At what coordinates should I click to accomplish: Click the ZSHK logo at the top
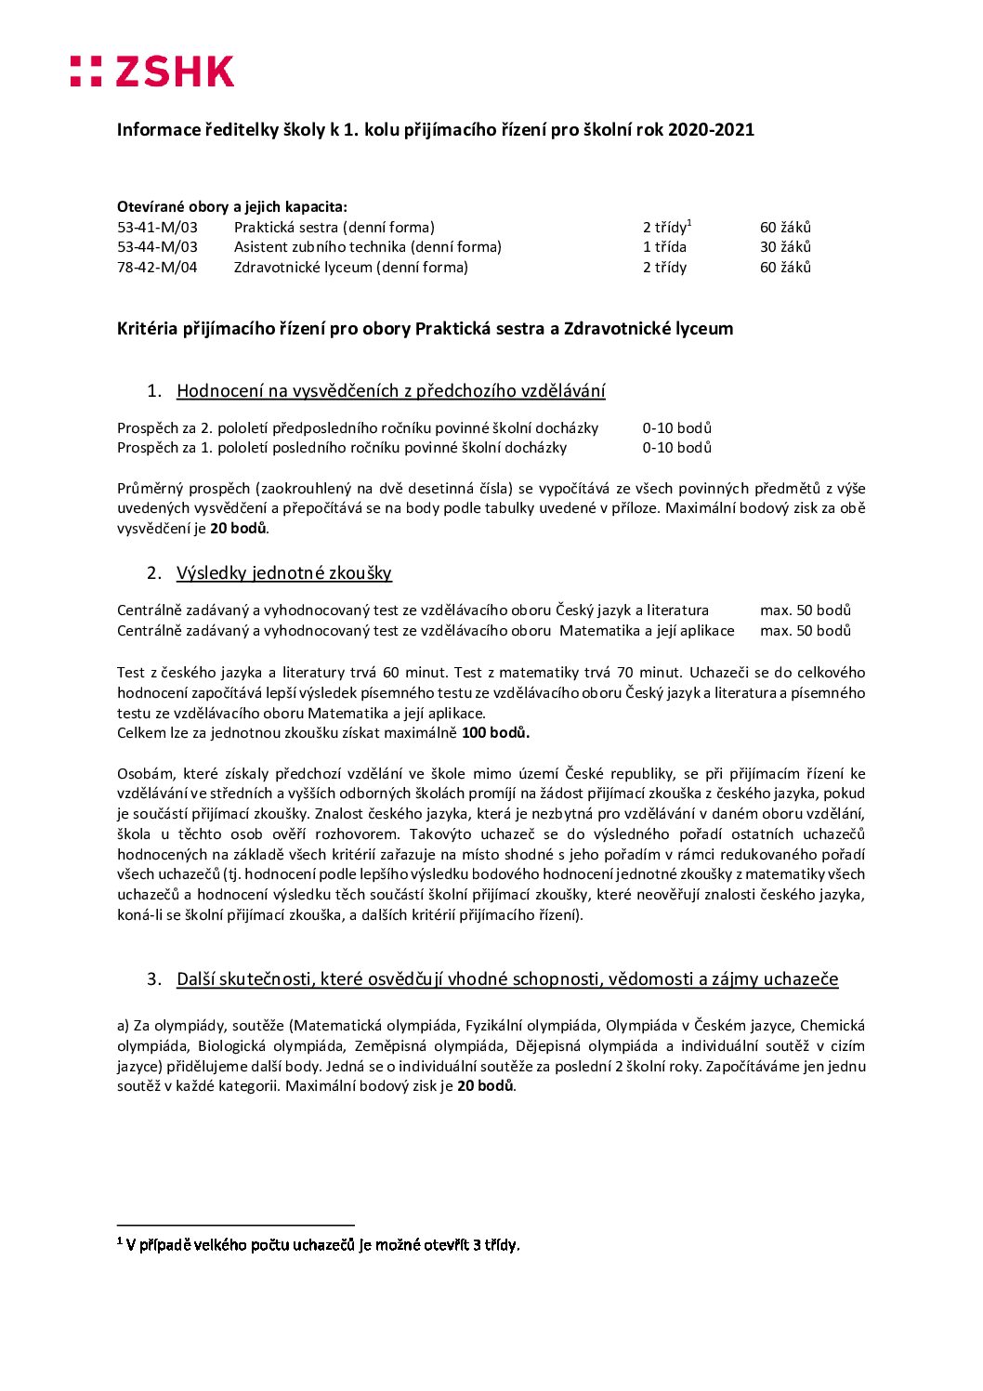click(x=152, y=72)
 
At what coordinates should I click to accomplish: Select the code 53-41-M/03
click(x=157, y=228)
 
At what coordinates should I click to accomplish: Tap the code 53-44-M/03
click(x=157, y=247)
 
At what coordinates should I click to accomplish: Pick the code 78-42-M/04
click(x=157, y=268)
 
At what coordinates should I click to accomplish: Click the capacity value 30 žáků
click(x=785, y=247)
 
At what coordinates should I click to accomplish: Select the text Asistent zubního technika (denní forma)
click(x=367, y=247)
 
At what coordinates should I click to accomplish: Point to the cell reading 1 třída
click(x=664, y=247)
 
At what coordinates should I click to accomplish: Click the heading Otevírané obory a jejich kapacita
click(x=231, y=207)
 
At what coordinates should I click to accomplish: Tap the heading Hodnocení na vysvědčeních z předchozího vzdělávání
click(x=390, y=391)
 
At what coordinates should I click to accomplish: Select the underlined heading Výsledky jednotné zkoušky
click(x=283, y=573)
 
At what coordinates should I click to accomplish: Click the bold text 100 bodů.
click(x=495, y=733)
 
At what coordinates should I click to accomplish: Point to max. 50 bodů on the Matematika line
click(x=805, y=631)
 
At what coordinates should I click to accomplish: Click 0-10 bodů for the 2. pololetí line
click(x=676, y=428)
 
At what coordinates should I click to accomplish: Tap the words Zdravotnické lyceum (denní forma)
click(x=350, y=268)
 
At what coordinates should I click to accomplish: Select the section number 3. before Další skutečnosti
click(x=154, y=979)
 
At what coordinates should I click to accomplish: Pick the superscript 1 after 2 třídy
click(x=690, y=223)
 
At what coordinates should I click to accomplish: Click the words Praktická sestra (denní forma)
click(x=334, y=228)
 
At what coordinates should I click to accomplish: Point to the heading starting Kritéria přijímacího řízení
click(x=425, y=329)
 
